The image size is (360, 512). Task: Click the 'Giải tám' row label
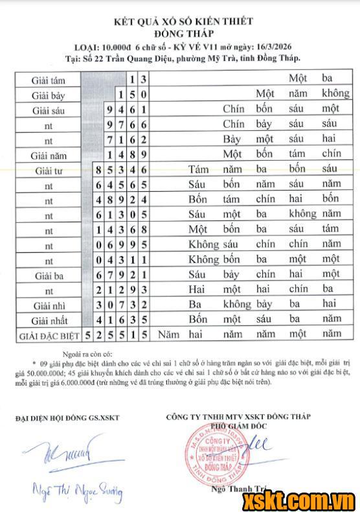pos(48,80)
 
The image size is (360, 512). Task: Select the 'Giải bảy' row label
pos(48,95)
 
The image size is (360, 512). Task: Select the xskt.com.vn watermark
pos(298,500)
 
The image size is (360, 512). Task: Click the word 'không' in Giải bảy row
pos(335,93)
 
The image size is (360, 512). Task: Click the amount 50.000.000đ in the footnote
pos(41,374)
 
